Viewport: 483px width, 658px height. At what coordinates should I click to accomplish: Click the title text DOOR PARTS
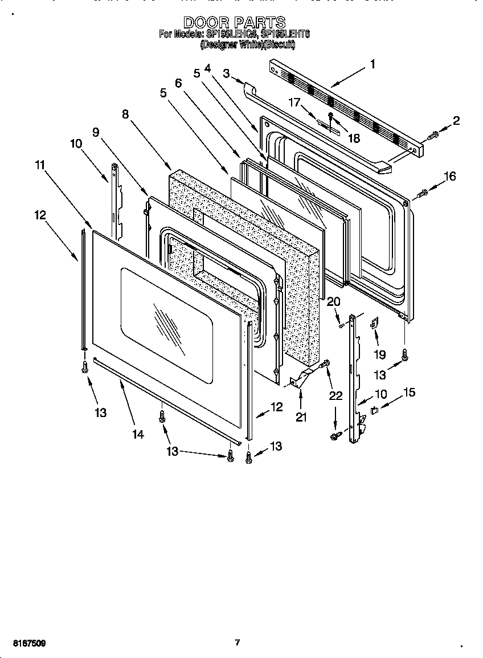pos(234,22)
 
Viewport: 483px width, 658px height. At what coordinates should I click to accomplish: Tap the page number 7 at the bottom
pos(237,643)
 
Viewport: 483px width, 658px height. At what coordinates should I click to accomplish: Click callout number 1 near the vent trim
pos(373,64)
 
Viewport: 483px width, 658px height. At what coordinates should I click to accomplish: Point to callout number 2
pos(456,120)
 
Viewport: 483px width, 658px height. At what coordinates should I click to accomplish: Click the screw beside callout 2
pos(432,135)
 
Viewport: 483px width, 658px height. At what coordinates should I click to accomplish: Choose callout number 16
pos(450,177)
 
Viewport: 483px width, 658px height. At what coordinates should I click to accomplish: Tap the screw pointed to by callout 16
pos(422,194)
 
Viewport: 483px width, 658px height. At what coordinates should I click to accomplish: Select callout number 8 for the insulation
pos(125,114)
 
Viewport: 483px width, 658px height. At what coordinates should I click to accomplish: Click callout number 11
pos(39,165)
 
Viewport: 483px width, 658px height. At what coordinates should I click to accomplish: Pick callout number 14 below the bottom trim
pos(138,434)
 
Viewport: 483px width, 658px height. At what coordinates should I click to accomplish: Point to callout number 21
pos(301,418)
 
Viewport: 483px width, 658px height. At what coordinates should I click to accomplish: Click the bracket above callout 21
pos(301,378)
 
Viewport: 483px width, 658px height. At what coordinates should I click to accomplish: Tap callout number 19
pos(379,354)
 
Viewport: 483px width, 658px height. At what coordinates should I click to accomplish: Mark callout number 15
pos(410,393)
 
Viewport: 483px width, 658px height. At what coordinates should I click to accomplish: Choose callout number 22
pos(336,396)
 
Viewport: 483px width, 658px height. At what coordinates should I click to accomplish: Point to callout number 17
pos(294,103)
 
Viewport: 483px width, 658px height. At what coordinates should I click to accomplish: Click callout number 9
pos(96,132)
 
